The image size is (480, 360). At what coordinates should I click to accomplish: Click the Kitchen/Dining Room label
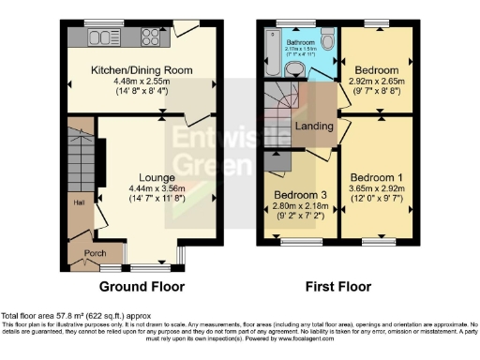pyautogui.click(x=141, y=70)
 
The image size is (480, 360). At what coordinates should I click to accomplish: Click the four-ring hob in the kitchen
pyautogui.click(x=152, y=38)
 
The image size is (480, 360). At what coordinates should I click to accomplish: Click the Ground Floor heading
pyautogui.click(x=142, y=287)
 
